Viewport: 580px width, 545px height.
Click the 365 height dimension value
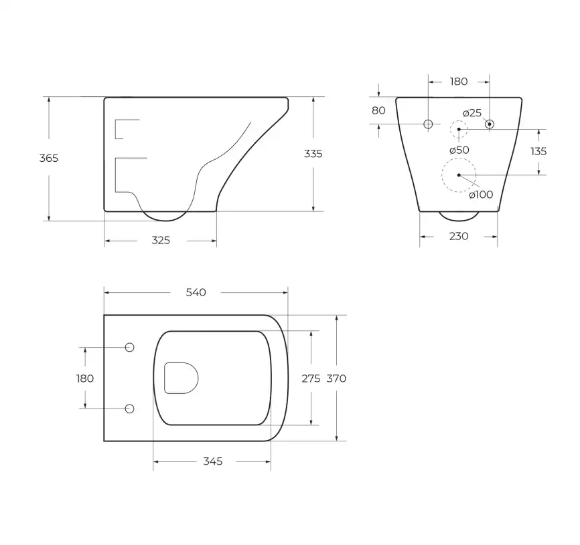[49, 158]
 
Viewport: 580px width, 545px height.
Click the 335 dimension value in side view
[313, 154]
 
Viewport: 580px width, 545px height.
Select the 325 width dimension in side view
[161, 241]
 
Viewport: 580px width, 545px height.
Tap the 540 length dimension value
[196, 292]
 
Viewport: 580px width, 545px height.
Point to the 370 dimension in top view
[336, 378]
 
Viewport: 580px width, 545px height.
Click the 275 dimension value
[311, 378]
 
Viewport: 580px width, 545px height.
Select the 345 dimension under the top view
[212, 462]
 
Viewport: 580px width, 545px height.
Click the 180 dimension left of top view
[85, 378]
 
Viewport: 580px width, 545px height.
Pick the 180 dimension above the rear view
[459, 82]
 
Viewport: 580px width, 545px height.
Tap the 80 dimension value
[378, 111]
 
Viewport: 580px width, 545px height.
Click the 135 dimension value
[538, 151]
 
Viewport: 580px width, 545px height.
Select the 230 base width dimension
[459, 236]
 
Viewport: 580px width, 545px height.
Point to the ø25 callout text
[472, 112]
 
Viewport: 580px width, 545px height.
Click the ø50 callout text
[459, 150]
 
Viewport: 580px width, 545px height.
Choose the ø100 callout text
[481, 195]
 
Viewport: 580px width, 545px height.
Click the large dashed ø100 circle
[459, 175]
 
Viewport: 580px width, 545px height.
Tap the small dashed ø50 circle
[459, 128]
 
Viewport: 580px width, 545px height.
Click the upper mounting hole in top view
[130, 347]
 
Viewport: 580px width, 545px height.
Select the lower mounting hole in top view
[130, 408]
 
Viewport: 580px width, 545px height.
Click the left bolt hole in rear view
[429, 124]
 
